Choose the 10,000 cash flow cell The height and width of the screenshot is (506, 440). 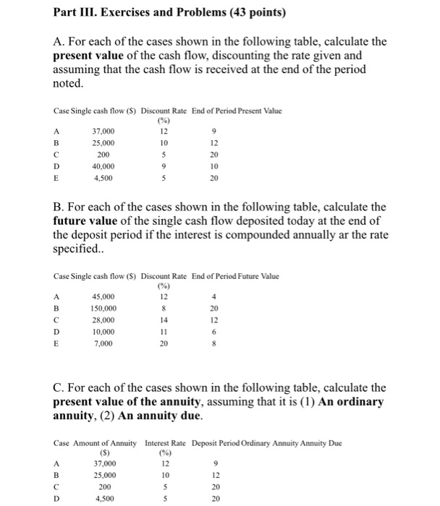[x=103, y=331]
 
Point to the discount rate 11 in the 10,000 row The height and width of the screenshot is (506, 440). [x=163, y=331]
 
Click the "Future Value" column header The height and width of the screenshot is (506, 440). [x=261, y=276]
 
